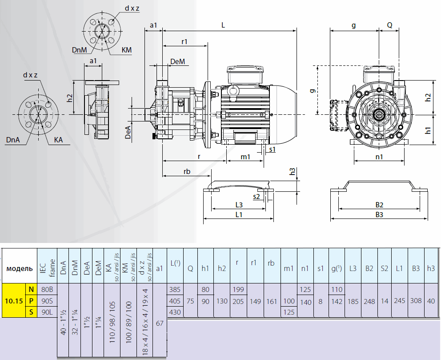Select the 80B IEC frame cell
coord(47,289)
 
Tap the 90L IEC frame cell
coord(47,312)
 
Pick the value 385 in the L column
coord(175,289)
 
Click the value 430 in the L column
coord(175,312)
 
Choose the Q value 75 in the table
coord(191,300)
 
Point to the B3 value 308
coord(416,300)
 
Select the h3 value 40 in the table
coord(431,300)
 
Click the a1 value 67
coord(160,323)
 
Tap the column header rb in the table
coord(271,263)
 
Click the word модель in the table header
coord(20,269)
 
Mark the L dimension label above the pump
coord(223,25)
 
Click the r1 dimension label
coord(184,41)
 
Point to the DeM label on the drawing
coord(177,61)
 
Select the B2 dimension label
coord(379,205)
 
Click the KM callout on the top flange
coord(127,50)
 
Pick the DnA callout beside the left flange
coord(13,140)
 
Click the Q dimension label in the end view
coord(389,25)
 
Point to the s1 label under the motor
coord(272,149)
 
